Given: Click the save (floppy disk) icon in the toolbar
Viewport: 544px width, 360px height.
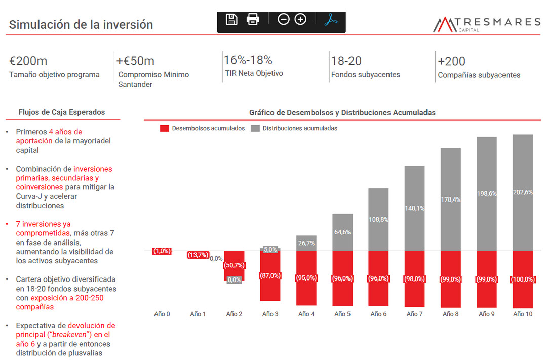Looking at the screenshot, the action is [231, 19].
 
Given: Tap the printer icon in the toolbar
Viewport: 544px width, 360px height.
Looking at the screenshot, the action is [253, 19].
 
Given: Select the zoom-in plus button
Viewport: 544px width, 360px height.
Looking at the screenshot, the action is [300, 19].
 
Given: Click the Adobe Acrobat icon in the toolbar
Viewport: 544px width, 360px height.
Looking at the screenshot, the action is [331, 19].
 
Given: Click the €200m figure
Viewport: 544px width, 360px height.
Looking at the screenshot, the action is [28, 61].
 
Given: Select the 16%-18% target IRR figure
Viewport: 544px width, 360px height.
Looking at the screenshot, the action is [248, 60].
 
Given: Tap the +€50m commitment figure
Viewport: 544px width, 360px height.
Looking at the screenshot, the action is [135, 61].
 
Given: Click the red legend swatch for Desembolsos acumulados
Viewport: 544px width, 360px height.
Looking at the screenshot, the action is [165, 128].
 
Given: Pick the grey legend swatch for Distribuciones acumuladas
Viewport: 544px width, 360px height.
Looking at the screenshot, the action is [255, 128].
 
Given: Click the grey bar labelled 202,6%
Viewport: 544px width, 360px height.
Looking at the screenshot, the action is [523, 192].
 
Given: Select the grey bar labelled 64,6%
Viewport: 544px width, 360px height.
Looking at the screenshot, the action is [342, 232].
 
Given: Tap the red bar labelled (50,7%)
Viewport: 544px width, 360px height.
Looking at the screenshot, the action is [234, 265].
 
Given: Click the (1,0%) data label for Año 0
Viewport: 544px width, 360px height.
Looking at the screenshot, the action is [162, 251].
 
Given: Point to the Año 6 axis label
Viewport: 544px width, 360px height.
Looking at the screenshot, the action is [378, 314].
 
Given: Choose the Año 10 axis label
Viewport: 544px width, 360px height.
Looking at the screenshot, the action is [523, 314].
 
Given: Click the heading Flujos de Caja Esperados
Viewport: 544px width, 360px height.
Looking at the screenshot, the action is [62, 112].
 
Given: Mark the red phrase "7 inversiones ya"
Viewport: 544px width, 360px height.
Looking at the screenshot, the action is [44, 224].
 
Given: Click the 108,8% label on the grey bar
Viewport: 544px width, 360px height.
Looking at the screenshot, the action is [378, 220].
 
